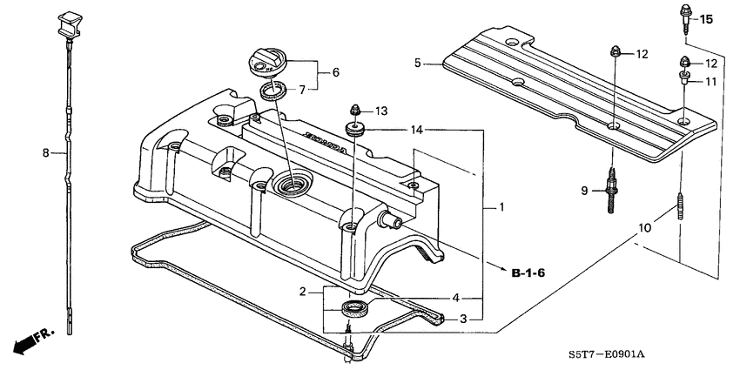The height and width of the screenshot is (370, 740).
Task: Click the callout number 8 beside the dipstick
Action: [46, 153]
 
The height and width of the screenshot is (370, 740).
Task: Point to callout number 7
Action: [302, 90]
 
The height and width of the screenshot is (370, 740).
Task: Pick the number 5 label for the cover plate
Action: [418, 63]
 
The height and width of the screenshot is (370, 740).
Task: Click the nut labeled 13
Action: [355, 111]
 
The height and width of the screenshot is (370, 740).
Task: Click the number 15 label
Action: [705, 19]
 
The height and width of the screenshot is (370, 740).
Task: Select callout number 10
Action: [644, 228]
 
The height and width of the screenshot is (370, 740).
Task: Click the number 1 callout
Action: [501, 208]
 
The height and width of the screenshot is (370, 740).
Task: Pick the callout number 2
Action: [303, 292]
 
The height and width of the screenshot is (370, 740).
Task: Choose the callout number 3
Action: [463, 319]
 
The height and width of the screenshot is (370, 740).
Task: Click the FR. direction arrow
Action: [31, 340]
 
